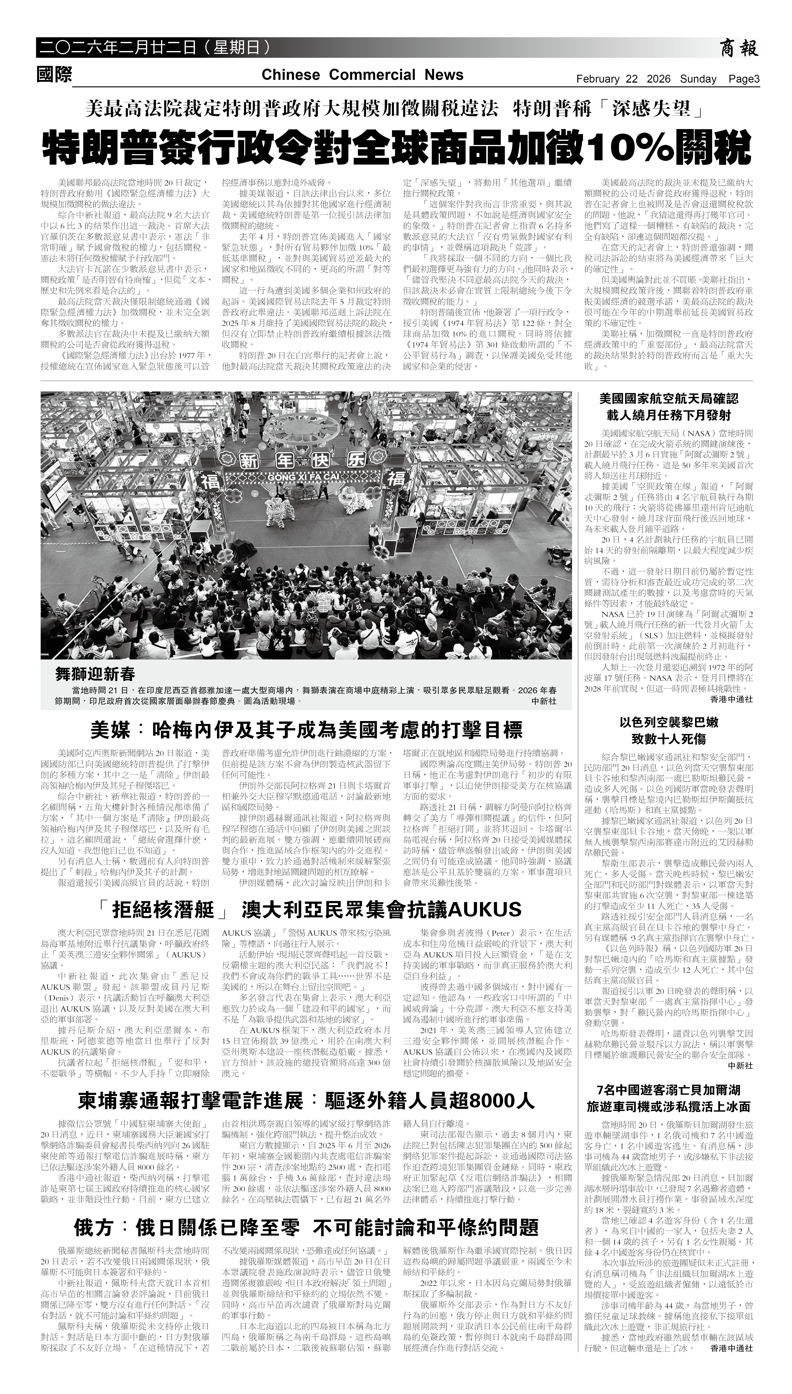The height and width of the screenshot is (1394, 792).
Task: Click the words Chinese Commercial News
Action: (362, 75)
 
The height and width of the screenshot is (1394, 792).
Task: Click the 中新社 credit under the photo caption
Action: (544, 702)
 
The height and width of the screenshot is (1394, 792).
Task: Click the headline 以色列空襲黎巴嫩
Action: (668, 722)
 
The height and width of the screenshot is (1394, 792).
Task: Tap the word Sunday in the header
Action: (698, 79)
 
